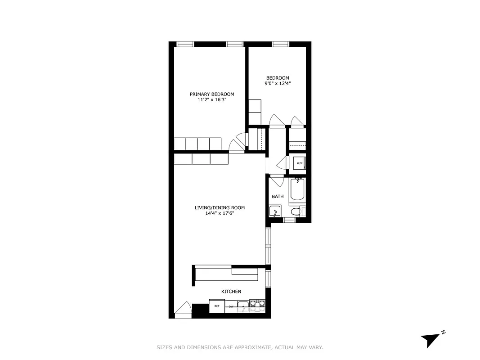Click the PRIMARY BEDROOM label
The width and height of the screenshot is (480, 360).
click(212, 94)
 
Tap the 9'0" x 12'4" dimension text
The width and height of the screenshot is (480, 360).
click(277, 83)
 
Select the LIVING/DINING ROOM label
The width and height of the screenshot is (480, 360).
click(220, 207)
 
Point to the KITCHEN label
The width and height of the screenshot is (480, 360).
click(231, 292)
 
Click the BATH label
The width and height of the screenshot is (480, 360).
click(278, 196)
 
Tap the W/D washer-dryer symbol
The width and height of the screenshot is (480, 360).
click(299, 163)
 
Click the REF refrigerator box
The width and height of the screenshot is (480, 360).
click(217, 306)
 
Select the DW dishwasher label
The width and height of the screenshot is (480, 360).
click(231, 306)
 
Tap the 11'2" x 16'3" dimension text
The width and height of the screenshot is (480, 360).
click(212, 100)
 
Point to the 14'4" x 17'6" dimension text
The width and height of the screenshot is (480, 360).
click(220, 213)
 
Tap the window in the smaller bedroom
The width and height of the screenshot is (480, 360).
click(280, 44)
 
